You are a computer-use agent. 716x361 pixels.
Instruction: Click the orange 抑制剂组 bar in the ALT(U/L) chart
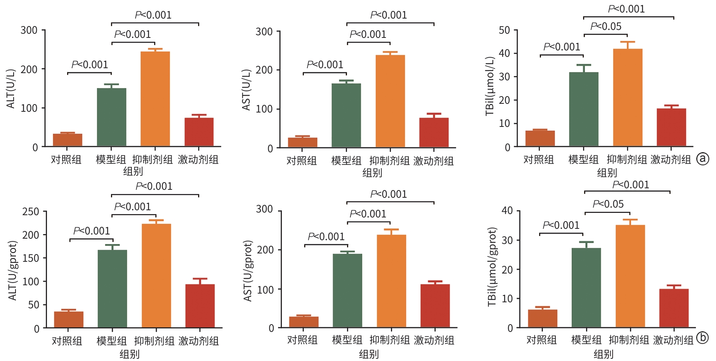pyautogui.click(x=155, y=99)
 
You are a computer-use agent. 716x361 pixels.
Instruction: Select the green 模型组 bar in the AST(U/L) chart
pyautogui.click(x=346, y=115)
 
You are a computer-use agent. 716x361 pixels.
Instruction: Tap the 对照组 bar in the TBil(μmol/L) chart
pyautogui.click(x=540, y=139)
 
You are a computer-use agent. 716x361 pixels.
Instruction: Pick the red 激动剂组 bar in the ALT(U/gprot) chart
pyautogui.click(x=200, y=306)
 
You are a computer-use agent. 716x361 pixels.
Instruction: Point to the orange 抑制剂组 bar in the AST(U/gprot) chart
pyautogui.click(x=391, y=281)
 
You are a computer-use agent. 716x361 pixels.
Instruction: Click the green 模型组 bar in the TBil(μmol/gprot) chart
pyautogui.click(x=586, y=288)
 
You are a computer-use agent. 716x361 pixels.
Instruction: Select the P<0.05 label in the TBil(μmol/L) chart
pyautogui.click(x=606, y=27)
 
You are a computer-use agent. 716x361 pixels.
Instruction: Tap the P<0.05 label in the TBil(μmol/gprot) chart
pyautogui.click(x=608, y=204)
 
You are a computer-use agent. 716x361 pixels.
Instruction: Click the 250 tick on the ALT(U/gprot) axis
pyautogui.click(x=31, y=212)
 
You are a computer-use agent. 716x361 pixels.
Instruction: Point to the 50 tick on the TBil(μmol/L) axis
pyautogui.click(x=504, y=30)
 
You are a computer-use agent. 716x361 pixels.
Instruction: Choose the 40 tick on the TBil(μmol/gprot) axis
pyautogui.click(x=507, y=211)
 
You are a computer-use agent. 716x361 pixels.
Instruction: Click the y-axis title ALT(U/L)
pyautogui.click(x=11, y=89)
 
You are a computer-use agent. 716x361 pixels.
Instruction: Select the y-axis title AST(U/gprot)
pyautogui.click(x=248, y=270)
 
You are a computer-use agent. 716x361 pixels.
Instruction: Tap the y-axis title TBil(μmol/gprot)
pyautogui.click(x=492, y=267)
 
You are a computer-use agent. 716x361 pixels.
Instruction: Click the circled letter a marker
pyautogui.click(x=703, y=159)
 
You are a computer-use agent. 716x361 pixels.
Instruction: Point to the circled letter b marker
pyautogui.click(x=702, y=338)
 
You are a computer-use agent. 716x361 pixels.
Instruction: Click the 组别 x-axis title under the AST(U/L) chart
pyautogui.click(x=372, y=173)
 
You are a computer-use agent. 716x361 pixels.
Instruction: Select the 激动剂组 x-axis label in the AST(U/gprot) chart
pyautogui.click(x=434, y=340)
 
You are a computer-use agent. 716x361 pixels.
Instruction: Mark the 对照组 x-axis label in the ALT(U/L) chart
pyautogui.click(x=66, y=159)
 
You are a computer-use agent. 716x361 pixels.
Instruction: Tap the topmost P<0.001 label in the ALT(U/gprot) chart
pyautogui.click(x=154, y=186)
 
